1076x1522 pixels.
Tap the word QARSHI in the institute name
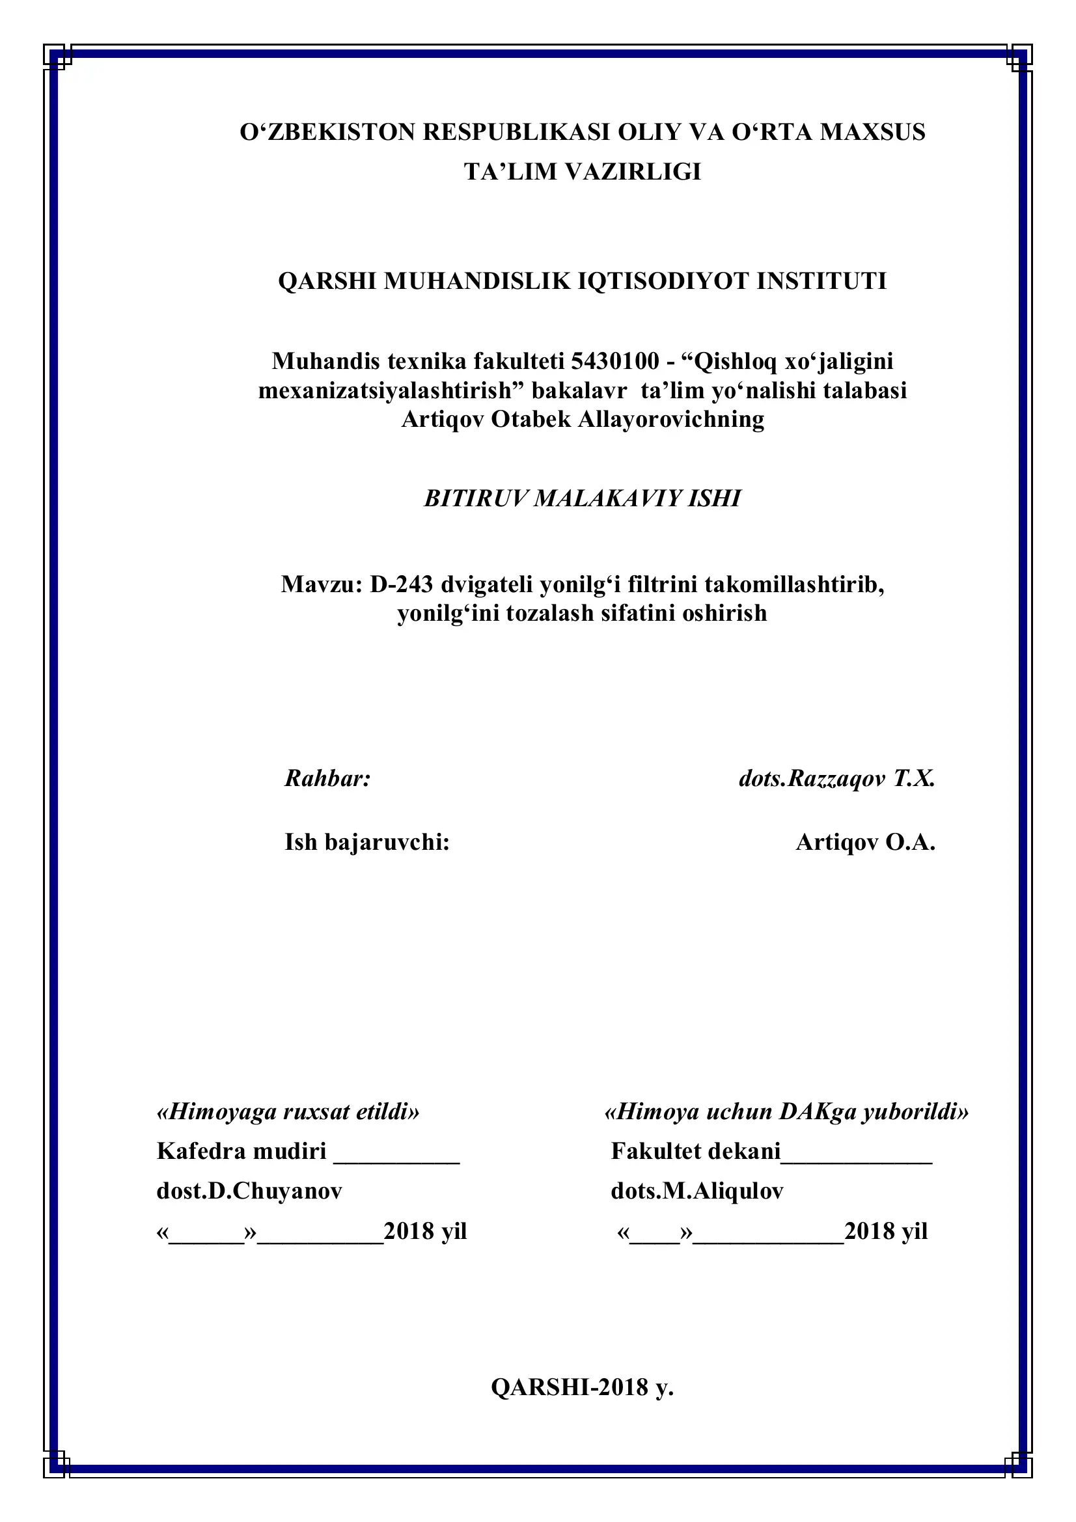pos(327,281)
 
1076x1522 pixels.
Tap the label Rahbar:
pos(327,778)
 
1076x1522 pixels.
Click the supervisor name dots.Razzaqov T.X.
pos(836,778)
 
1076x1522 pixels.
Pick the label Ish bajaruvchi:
pos(367,842)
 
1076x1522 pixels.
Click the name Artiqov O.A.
pos(865,842)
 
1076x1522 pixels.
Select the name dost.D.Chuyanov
pos(249,1191)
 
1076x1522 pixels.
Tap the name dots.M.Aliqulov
pos(697,1191)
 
